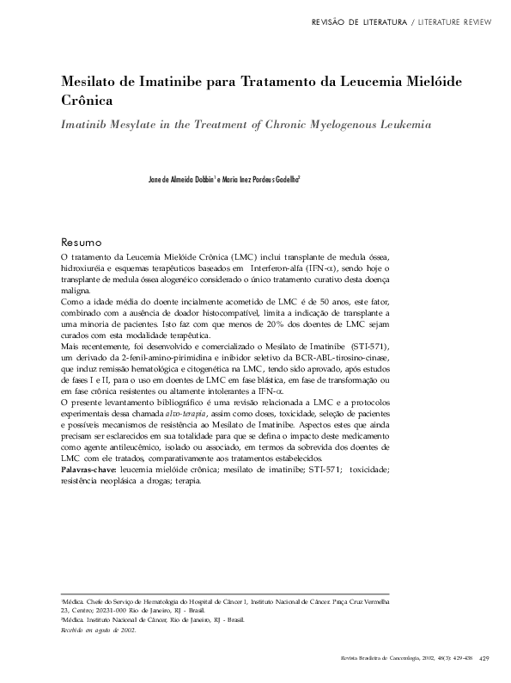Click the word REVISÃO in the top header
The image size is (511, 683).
(x=332, y=20)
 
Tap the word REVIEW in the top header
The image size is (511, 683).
(x=480, y=20)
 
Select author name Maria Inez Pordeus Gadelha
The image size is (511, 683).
(x=259, y=180)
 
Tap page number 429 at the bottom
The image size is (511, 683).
(x=484, y=658)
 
